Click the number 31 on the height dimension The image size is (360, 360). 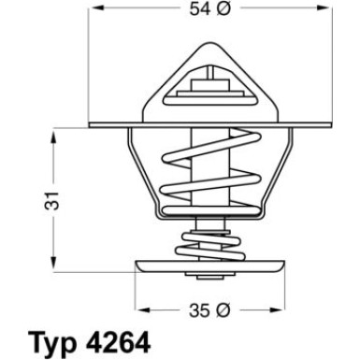[x=56, y=199]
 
